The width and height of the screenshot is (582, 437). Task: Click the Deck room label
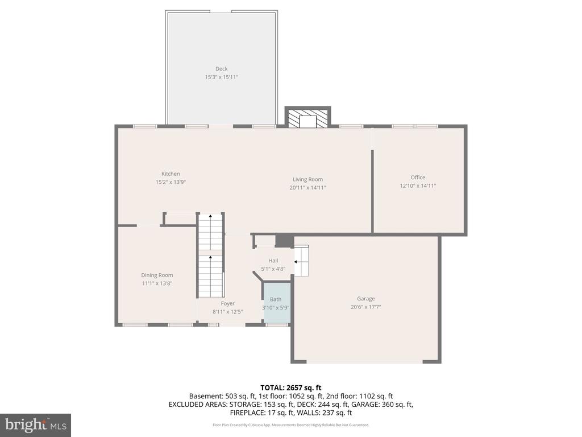(221, 69)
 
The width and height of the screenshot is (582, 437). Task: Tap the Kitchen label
(171, 174)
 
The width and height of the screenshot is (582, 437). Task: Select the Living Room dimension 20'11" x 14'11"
(307, 187)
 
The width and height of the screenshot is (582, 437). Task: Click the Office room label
(418, 177)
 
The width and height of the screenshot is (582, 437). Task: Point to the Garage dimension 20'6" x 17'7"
(365, 307)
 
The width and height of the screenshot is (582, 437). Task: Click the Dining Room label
(157, 275)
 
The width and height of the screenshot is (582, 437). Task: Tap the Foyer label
(227, 303)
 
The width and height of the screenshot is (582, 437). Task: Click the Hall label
(273, 261)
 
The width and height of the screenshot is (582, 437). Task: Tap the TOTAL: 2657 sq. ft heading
(290, 387)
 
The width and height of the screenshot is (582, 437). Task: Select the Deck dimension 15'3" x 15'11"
(221, 77)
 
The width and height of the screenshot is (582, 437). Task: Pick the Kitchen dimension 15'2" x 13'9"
(171, 182)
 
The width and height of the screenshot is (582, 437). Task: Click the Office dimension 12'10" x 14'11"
(418, 185)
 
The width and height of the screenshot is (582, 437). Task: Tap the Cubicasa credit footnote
(290, 424)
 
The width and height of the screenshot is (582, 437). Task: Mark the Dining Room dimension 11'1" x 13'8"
(157, 283)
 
